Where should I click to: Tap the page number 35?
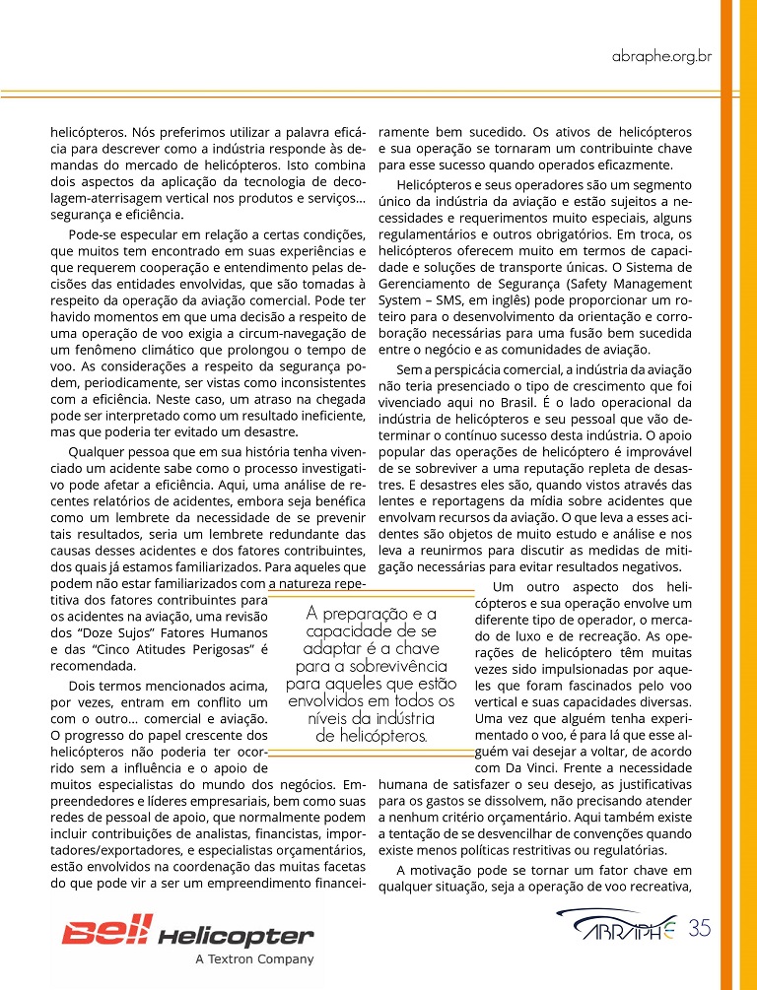click(x=701, y=927)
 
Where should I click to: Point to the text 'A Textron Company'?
click(x=254, y=958)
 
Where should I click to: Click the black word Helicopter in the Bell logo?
click(x=236, y=936)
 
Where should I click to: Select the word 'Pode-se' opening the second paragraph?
click(x=92, y=234)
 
